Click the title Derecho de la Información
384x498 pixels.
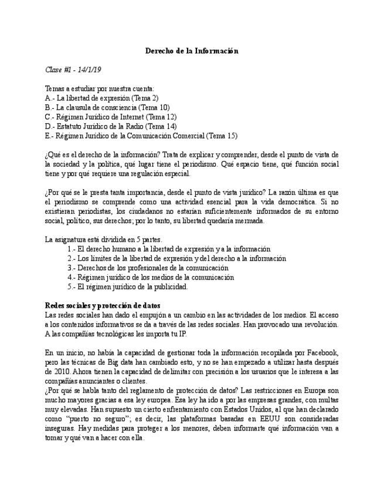[192, 51]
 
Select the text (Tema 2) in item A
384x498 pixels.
[145, 98]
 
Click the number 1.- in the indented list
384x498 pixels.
[72, 249]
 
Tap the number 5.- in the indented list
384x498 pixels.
[72, 287]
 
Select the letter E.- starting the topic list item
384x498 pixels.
[49, 136]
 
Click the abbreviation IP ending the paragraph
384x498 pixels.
[182, 334]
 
